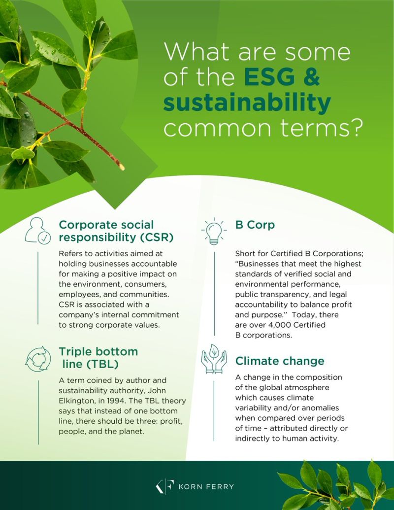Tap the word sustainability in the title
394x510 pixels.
coord(247,103)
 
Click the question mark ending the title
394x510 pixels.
coord(353,128)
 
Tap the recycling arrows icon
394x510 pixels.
coord(38,359)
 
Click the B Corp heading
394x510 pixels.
coord(255,225)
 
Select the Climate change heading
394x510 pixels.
coord(280,361)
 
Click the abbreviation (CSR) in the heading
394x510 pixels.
coord(157,238)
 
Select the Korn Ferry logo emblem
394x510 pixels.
coord(165,486)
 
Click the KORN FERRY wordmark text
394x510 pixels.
coord(206,486)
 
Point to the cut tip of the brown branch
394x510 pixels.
coord(122,167)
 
